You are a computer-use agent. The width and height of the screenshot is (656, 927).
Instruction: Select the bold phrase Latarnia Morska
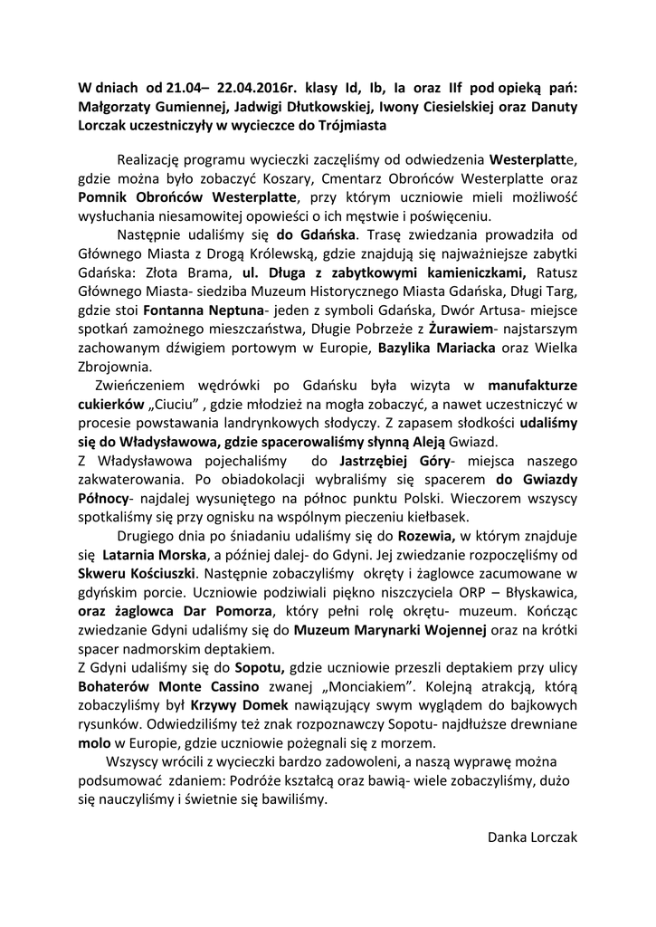(154, 554)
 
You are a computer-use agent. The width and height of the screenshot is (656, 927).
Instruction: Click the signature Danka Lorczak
(532, 837)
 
